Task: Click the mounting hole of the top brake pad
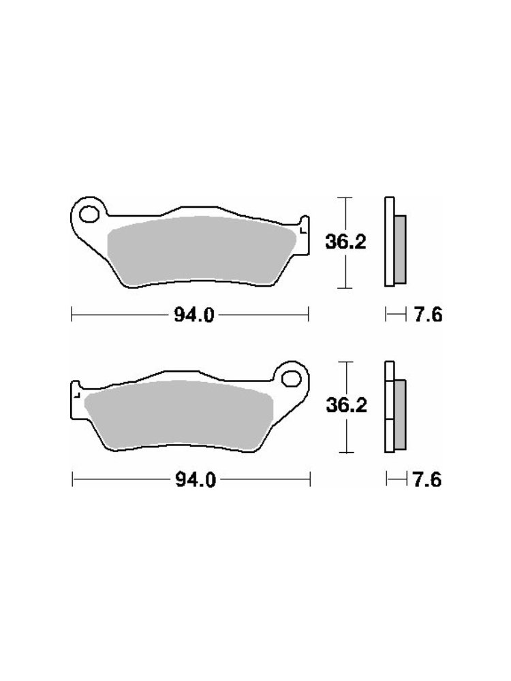(x=89, y=215)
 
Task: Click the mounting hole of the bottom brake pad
(x=291, y=379)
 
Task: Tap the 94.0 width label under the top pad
(x=194, y=315)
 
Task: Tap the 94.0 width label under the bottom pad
(x=195, y=480)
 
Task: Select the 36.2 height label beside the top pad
(x=346, y=242)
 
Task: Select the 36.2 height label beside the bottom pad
(x=347, y=405)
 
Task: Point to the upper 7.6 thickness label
(x=428, y=315)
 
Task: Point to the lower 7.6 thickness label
(x=427, y=480)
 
